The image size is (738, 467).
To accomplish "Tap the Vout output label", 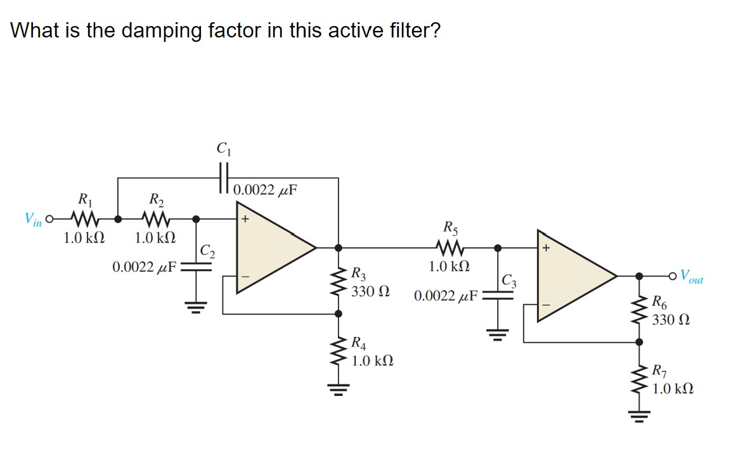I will pos(690,277).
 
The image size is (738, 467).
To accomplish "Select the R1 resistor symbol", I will pos(84,220).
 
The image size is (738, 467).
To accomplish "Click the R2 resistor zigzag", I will pos(155,220).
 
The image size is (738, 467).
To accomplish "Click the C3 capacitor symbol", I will pos(498,294).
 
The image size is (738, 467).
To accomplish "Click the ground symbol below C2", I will pos(196,310).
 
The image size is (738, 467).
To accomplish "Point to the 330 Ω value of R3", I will pos(370,292).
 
